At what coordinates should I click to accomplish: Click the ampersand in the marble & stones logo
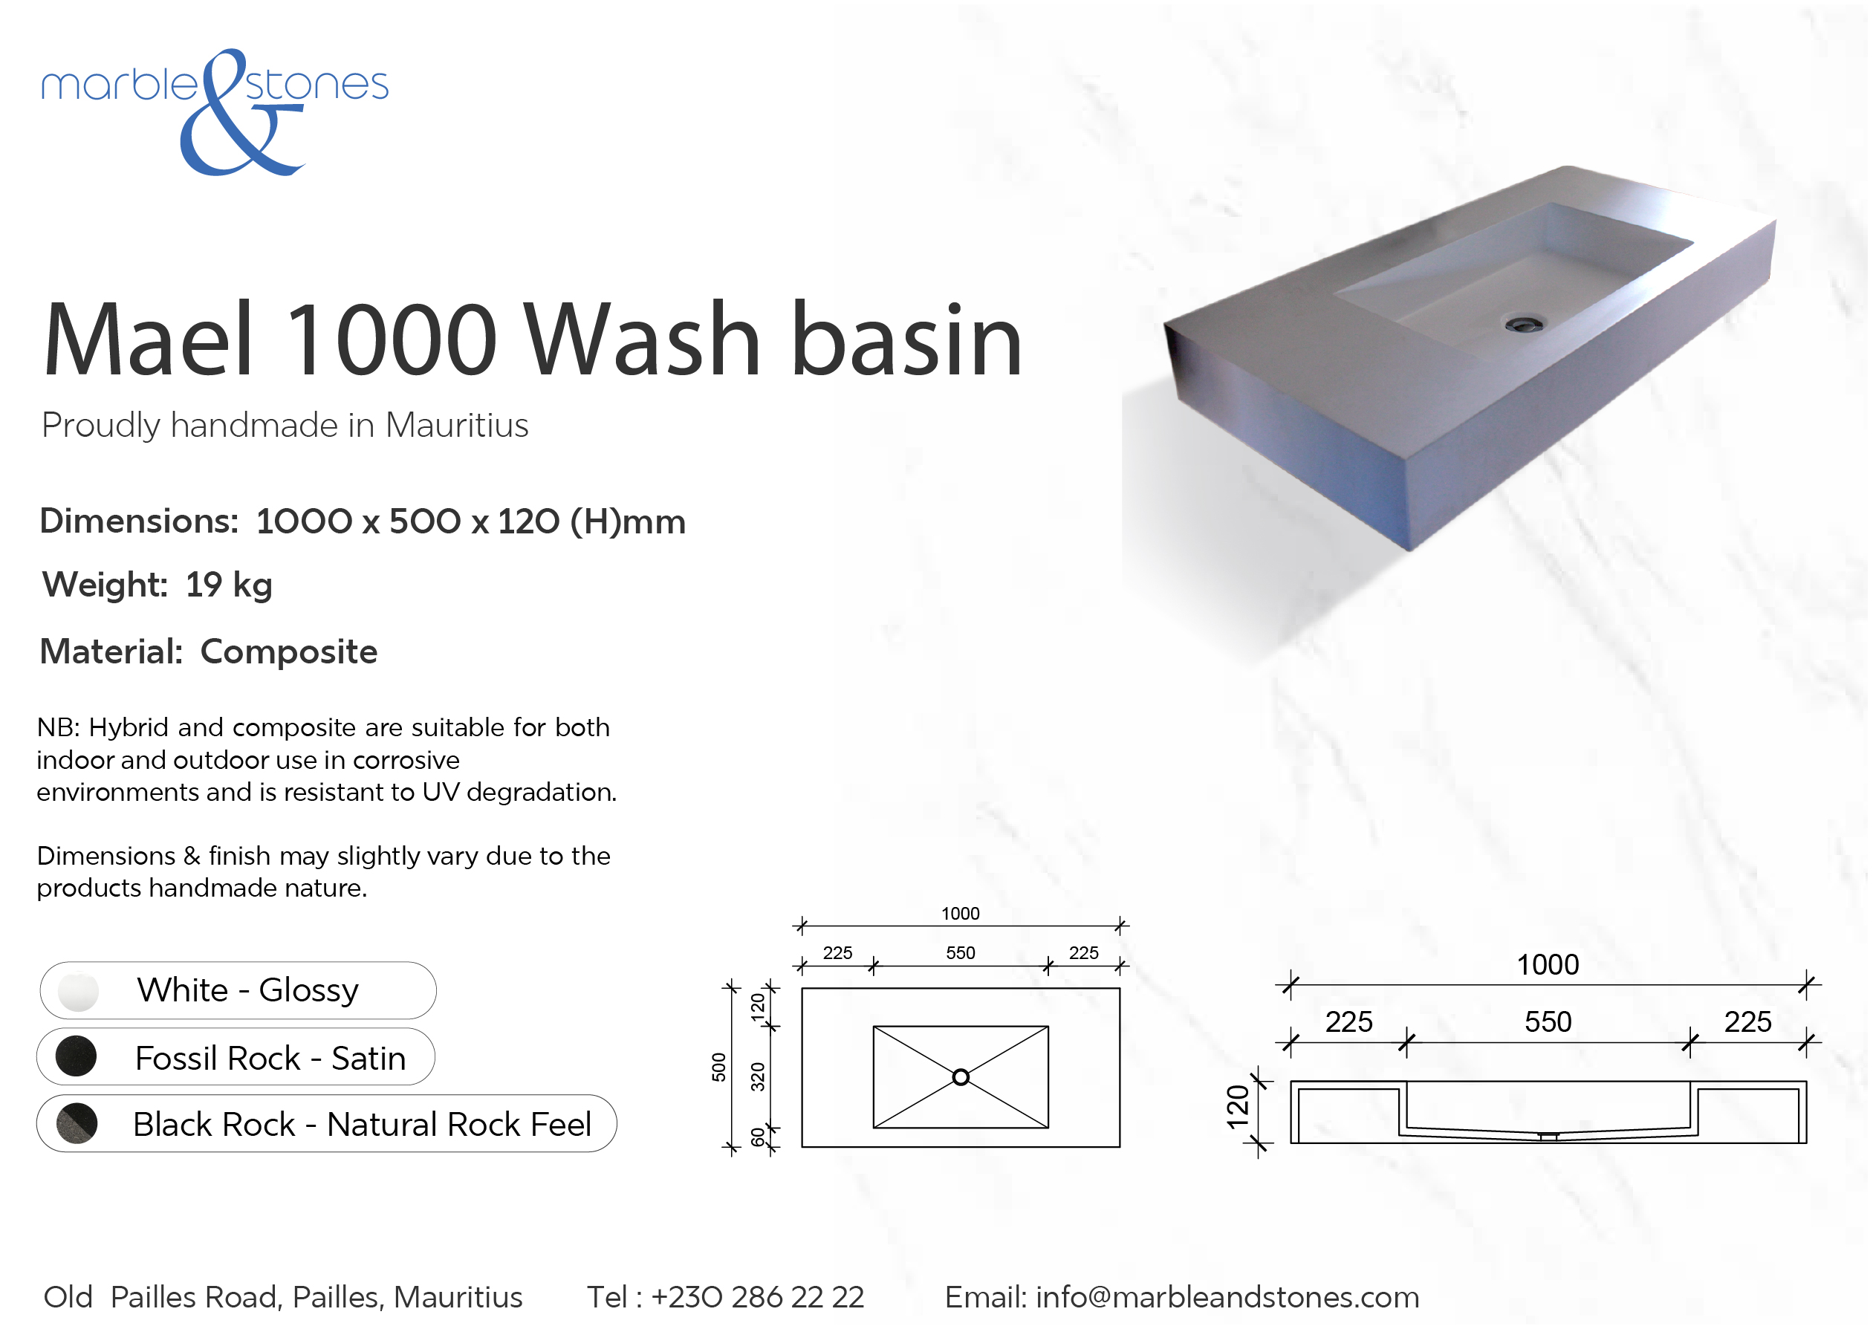click(237, 114)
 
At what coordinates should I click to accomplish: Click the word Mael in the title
click(148, 339)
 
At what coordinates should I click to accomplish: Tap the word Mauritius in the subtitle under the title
click(457, 426)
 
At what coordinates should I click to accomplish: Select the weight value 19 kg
click(229, 585)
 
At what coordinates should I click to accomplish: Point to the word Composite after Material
click(289, 652)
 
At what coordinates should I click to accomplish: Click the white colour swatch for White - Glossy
click(79, 991)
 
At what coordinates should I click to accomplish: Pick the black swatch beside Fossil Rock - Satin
click(76, 1056)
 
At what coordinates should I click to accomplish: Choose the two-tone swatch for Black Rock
click(77, 1122)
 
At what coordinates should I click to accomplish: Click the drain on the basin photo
click(1525, 324)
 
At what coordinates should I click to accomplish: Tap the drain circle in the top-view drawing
click(961, 1077)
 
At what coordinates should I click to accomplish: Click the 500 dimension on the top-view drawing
click(718, 1067)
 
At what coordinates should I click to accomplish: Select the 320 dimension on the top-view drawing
click(759, 1077)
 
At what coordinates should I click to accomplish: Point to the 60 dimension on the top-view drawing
click(759, 1137)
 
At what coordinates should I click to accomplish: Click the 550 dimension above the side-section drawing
click(1548, 1022)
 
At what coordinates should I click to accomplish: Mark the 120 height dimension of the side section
click(1238, 1107)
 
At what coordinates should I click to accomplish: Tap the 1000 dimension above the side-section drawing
click(1548, 965)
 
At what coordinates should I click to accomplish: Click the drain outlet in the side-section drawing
click(1548, 1137)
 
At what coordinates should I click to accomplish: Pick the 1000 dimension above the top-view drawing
click(960, 913)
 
